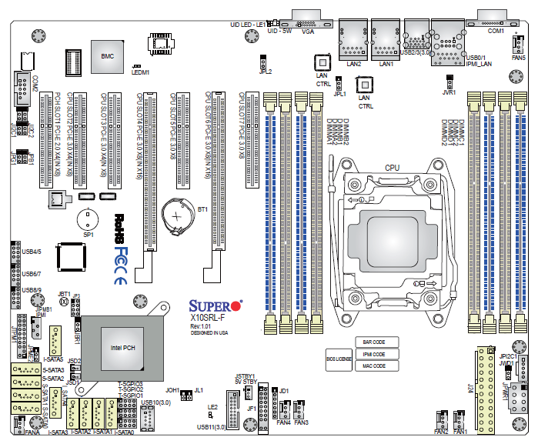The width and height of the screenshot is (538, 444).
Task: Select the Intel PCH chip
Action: tap(123, 347)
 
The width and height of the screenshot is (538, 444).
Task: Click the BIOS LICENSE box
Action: tap(339, 358)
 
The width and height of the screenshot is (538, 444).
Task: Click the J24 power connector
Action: tap(484, 385)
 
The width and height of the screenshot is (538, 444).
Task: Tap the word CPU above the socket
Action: tap(393, 167)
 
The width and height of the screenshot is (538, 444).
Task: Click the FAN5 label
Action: tap(519, 58)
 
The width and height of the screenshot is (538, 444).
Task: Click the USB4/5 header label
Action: tap(32, 251)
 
